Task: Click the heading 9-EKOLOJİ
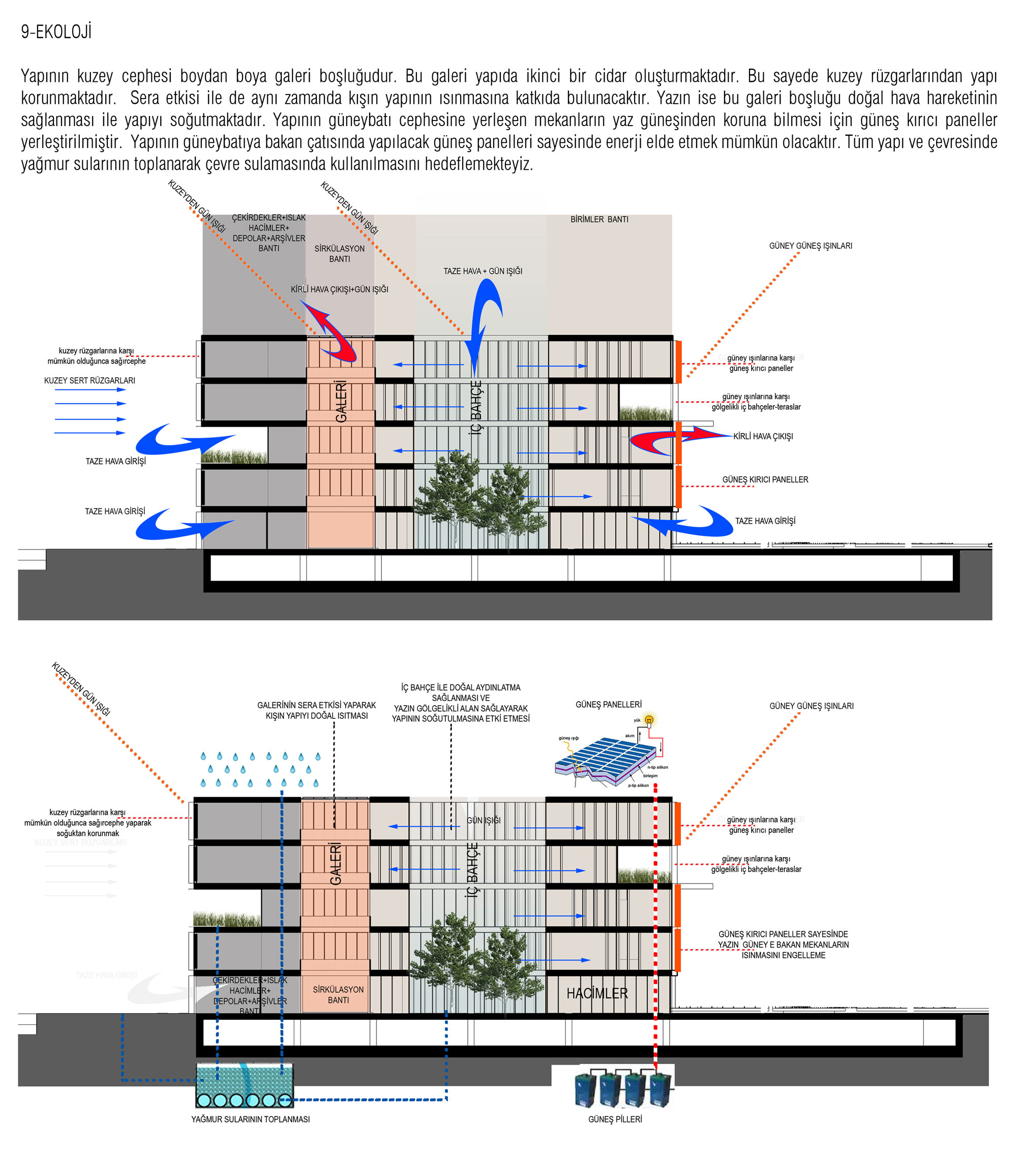click(56, 32)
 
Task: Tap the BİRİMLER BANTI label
click(599, 220)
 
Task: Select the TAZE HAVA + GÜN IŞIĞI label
click(483, 271)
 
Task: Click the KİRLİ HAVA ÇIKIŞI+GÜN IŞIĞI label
click(339, 289)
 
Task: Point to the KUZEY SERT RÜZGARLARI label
click(89, 381)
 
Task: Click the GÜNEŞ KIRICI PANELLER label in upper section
click(765, 479)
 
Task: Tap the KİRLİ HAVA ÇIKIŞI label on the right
click(763, 436)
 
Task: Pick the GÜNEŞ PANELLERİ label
click(608, 705)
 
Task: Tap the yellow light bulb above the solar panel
click(649, 720)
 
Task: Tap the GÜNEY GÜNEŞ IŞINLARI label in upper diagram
click(811, 246)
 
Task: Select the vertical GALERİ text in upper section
click(341, 401)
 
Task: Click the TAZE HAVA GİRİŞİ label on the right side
click(765, 521)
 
